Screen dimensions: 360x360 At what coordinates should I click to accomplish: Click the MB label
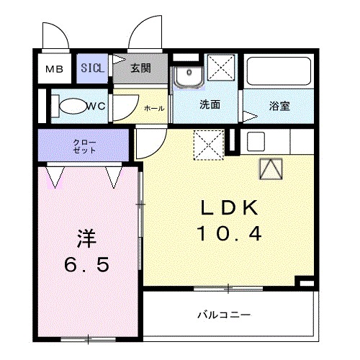(55, 70)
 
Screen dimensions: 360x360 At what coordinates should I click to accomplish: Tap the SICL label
(91, 69)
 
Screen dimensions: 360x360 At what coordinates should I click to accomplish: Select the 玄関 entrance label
(141, 69)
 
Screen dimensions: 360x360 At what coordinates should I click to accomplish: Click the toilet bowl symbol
(72, 107)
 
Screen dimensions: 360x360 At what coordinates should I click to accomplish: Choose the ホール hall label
(154, 108)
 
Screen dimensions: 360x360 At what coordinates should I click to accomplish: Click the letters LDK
(228, 209)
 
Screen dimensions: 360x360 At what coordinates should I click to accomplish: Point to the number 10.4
(228, 233)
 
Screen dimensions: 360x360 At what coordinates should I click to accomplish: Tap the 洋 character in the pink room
(86, 238)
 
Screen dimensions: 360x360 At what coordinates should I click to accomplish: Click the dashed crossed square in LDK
(207, 143)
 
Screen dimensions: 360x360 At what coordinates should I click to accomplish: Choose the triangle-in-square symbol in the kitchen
(271, 169)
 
